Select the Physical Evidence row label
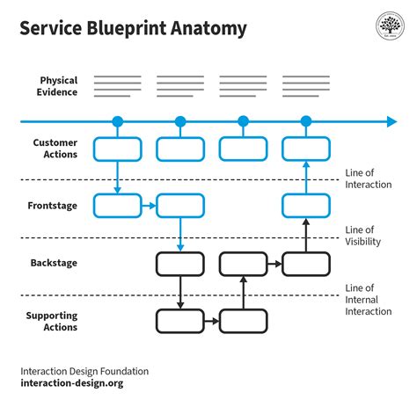(x=56, y=85)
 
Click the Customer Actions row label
(x=55, y=149)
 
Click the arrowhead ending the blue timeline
(x=391, y=121)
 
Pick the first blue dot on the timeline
(x=117, y=121)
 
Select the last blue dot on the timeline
(x=306, y=121)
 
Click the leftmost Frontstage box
(x=117, y=207)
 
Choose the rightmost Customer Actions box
(x=306, y=149)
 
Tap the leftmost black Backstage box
(x=180, y=264)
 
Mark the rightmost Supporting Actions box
(x=243, y=321)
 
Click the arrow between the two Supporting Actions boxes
(x=211, y=321)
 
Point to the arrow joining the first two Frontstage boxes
(x=148, y=207)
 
